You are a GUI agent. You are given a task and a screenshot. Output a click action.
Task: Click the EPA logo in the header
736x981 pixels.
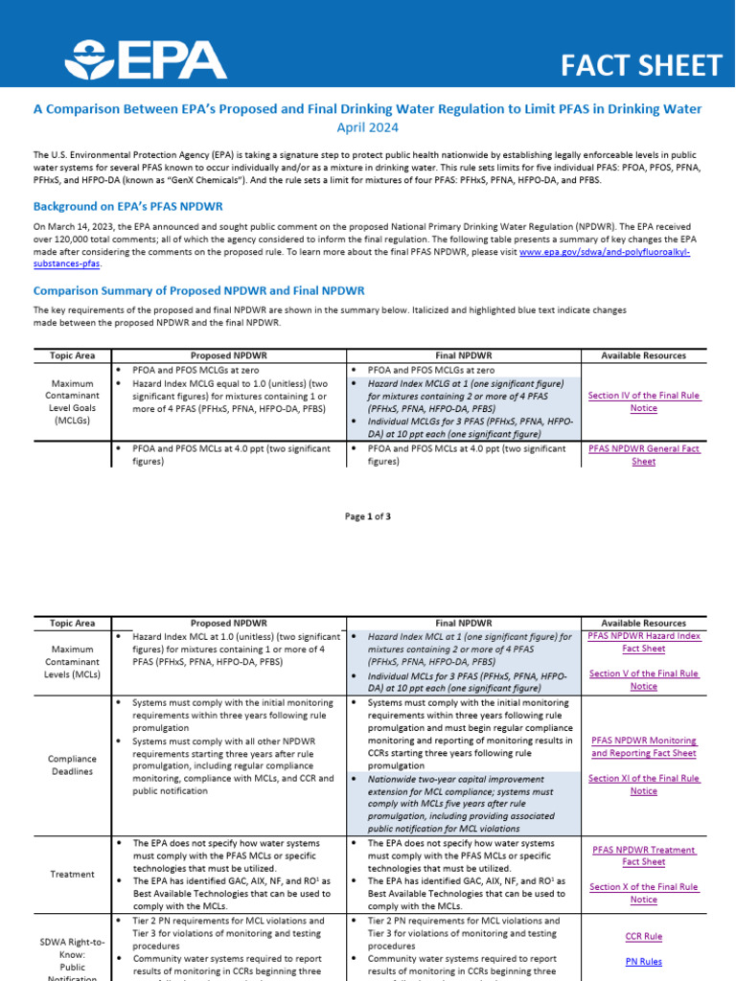(x=145, y=59)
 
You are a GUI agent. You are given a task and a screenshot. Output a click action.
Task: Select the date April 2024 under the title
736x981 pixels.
(x=367, y=127)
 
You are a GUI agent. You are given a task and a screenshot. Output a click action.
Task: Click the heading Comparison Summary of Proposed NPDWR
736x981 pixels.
(x=198, y=290)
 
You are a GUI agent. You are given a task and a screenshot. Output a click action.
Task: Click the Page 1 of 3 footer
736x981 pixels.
(x=368, y=516)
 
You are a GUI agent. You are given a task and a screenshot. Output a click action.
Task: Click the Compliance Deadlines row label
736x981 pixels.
(x=72, y=765)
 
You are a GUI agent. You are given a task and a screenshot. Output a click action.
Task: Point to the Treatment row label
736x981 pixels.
(x=72, y=874)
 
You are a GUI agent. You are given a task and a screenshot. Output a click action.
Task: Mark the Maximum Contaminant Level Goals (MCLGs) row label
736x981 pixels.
(x=72, y=401)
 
